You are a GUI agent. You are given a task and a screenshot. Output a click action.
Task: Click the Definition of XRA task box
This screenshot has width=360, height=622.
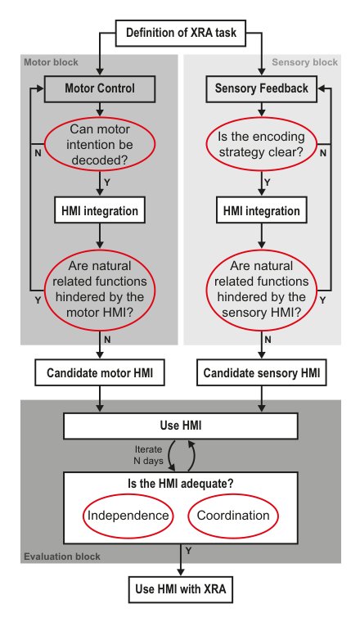point(180,33)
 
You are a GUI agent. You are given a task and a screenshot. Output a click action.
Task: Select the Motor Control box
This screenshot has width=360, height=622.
point(100,89)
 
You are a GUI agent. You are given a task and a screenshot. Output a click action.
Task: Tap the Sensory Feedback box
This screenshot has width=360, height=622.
point(261,89)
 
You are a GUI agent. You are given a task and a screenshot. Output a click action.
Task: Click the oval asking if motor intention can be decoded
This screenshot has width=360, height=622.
point(100,144)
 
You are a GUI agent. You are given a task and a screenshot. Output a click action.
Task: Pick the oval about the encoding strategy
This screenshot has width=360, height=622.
point(261,144)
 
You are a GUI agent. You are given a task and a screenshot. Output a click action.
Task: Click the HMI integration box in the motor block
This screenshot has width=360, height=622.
point(100,210)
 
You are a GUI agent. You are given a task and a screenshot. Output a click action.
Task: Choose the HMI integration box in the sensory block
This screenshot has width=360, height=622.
point(261,210)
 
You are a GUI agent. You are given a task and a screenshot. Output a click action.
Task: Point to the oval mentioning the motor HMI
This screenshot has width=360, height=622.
point(100,290)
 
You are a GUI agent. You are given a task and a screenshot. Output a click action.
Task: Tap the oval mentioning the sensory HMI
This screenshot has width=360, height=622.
point(261,290)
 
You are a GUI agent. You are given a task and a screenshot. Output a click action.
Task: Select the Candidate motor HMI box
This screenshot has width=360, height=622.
point(100,372)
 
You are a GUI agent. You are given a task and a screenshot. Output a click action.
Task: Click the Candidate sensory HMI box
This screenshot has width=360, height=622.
point(261,372)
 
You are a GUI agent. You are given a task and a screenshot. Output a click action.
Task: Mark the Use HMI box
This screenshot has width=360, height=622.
point(180,426)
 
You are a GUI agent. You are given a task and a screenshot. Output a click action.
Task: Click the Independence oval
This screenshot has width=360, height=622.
point(128,516)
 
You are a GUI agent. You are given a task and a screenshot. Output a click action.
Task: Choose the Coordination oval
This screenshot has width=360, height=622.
point(233,516)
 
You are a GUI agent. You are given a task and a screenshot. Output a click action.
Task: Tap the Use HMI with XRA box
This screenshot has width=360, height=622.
point(180,589)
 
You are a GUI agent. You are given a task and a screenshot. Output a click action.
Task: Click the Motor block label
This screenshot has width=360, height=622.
point(52,62)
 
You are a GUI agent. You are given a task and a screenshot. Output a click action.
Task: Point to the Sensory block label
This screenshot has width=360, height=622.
point(305,62)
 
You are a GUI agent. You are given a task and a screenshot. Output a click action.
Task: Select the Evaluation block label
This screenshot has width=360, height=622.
point(62,557)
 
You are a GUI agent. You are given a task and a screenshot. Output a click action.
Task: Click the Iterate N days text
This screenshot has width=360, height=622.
point(148,455)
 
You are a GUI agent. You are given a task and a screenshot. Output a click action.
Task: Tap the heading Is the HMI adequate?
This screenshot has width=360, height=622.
point(180,484)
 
